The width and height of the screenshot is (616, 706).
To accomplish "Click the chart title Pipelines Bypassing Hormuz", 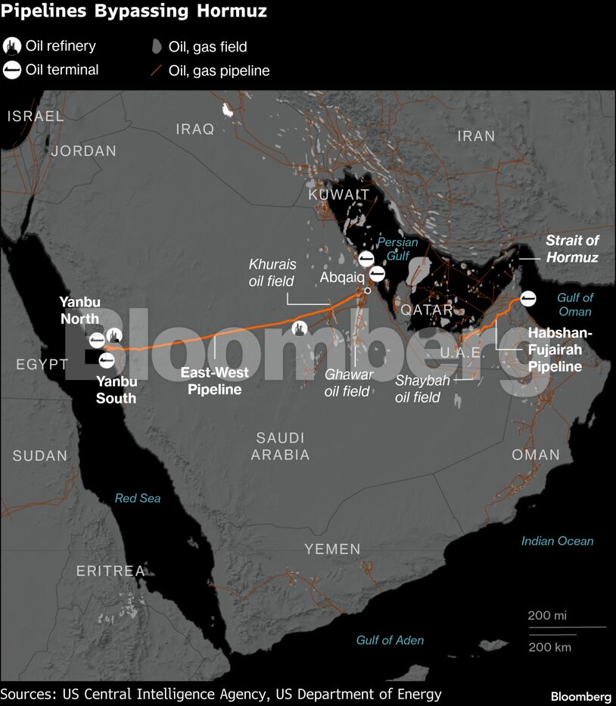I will tap(134, 12).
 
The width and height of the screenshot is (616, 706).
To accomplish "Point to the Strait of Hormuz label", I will tap(572, 249).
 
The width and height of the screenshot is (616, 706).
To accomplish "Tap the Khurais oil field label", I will tap(272, 272).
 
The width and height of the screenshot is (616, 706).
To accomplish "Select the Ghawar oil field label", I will tap(348, 382).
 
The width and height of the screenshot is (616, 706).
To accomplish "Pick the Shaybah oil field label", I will tap(422, 388).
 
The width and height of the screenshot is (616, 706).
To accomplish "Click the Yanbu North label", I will tap(79, 310).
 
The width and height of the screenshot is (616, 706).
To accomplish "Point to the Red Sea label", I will tap(137, 498).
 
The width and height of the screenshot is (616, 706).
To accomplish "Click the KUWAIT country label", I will tap(339, 195).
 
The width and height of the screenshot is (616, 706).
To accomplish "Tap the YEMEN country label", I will tap(332, 549).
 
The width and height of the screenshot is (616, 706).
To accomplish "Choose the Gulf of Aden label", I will tap(390, 640).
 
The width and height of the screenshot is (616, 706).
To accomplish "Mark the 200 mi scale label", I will tap(546, 615).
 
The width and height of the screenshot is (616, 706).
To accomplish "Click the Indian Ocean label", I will tap(557, 541).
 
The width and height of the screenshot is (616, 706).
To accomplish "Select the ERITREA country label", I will tap(110, 571).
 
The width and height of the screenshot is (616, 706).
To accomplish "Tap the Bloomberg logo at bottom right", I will tap(580, 696).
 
